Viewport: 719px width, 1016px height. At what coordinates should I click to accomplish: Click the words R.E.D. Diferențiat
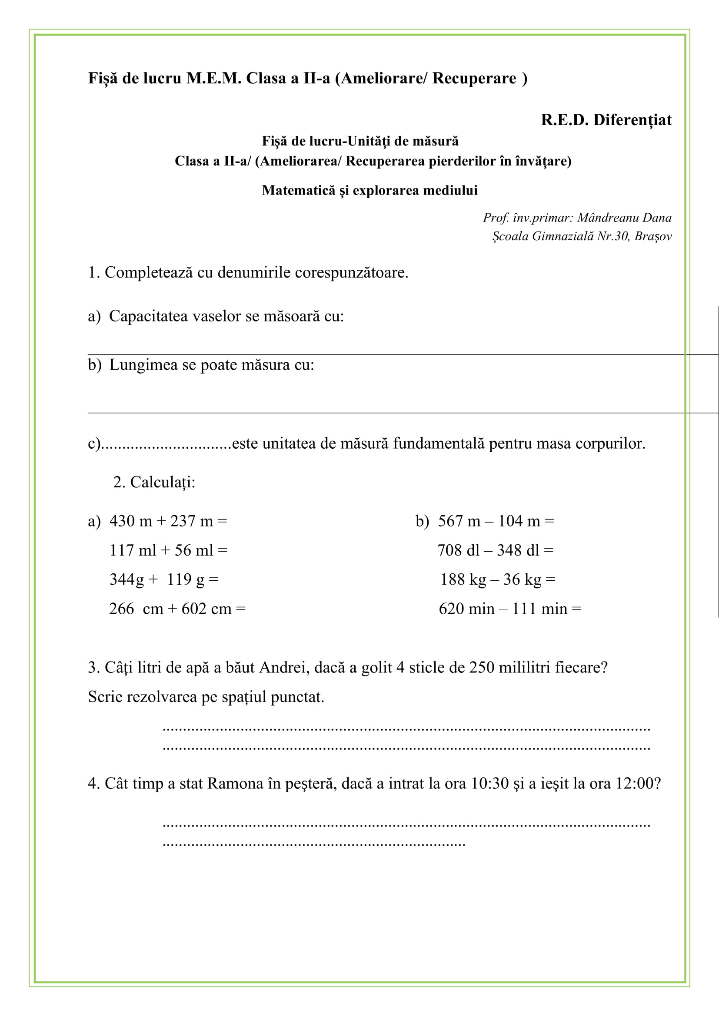tap(606, 120)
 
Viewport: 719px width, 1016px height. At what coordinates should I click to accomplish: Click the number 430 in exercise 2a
tap(122, 521)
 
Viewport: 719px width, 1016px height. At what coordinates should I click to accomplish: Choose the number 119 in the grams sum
tap(179, 579)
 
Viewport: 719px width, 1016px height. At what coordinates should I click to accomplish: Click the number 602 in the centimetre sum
tap(194, 609)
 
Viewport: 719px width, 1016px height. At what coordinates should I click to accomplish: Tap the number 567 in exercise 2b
tap(451, 521)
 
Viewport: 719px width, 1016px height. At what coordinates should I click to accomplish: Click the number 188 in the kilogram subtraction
tap(453, 579)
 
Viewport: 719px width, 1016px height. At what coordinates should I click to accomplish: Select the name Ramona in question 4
tap(235, 784)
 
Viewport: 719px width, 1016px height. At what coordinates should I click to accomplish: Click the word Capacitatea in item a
tap(148, 316)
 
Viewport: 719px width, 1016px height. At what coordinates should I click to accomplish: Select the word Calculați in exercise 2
tap(162, 482)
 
